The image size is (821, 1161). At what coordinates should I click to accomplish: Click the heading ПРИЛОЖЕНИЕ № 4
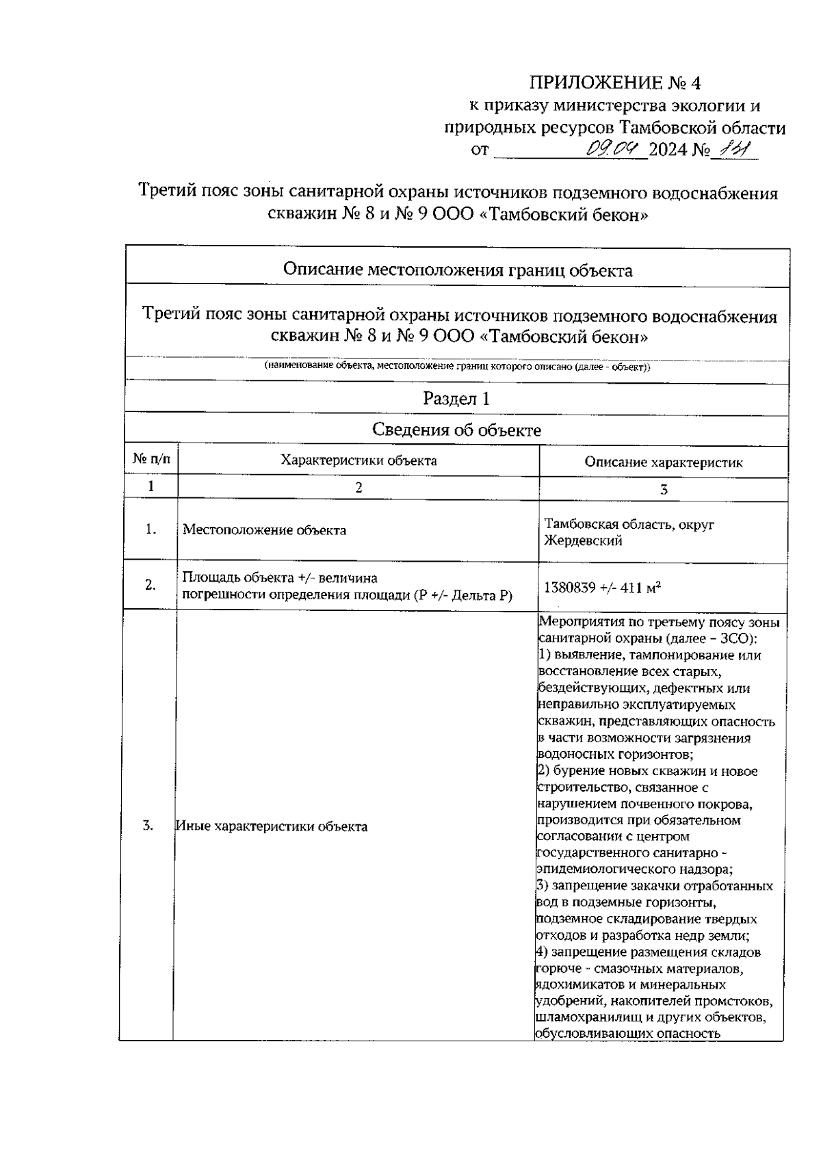coord(616,83)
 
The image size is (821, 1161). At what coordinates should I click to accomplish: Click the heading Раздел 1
coord(456,398)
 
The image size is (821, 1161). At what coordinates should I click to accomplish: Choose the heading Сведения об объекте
coord(456,430)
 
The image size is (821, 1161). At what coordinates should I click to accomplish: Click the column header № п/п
coord(151,460)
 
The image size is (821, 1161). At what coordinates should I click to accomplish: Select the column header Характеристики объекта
coord(359,460)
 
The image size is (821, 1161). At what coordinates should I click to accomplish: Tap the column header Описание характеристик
coord(663,462)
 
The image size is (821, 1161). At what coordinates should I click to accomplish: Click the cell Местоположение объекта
coord(264,530)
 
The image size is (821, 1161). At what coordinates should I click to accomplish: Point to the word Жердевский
coord(583,541)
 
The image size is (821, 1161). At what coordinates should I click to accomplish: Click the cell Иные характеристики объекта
coord(272,826)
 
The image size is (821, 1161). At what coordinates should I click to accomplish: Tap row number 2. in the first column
coord(151,585)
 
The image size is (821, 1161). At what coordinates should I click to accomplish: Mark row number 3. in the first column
coord(148,826)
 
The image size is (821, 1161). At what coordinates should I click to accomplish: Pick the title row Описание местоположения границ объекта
coord(457,270)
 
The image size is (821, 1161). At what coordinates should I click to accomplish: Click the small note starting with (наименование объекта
coord(457,367)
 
